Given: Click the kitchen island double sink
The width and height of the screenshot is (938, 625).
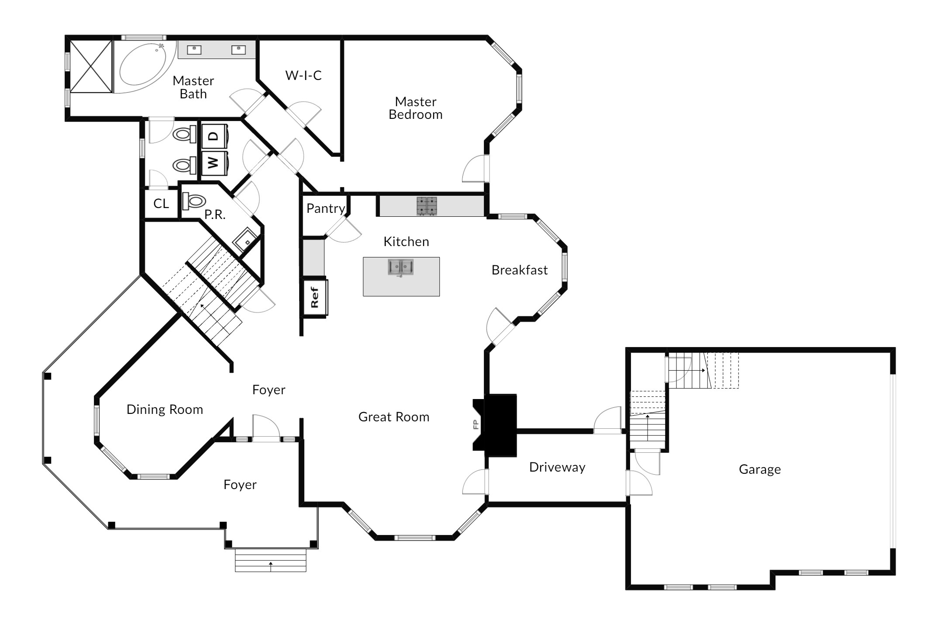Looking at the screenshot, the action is [x=401, y=267].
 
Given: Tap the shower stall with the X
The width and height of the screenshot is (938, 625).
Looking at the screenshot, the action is [x=90, y=66].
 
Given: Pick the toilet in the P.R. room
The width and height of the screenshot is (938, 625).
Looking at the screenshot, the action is [x=194, y=201].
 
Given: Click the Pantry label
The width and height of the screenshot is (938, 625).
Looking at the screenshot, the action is [x=326, y=208].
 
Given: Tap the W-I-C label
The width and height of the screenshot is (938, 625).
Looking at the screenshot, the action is [x=303, y=75].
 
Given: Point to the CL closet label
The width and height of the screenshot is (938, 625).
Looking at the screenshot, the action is [x=161, y=203].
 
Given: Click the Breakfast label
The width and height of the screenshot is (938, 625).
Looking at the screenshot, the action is [x=520, y=270].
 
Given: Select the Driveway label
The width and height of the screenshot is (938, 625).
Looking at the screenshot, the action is [x=557, y=467].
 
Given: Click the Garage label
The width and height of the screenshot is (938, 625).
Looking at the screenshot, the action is [x=760, y=469].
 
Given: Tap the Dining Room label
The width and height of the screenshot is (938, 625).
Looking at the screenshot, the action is [x=165, y=410].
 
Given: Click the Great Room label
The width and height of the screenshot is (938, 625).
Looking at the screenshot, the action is [x=394, y=417].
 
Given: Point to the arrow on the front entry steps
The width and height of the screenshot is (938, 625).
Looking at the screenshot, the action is [x=271, y=566].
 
